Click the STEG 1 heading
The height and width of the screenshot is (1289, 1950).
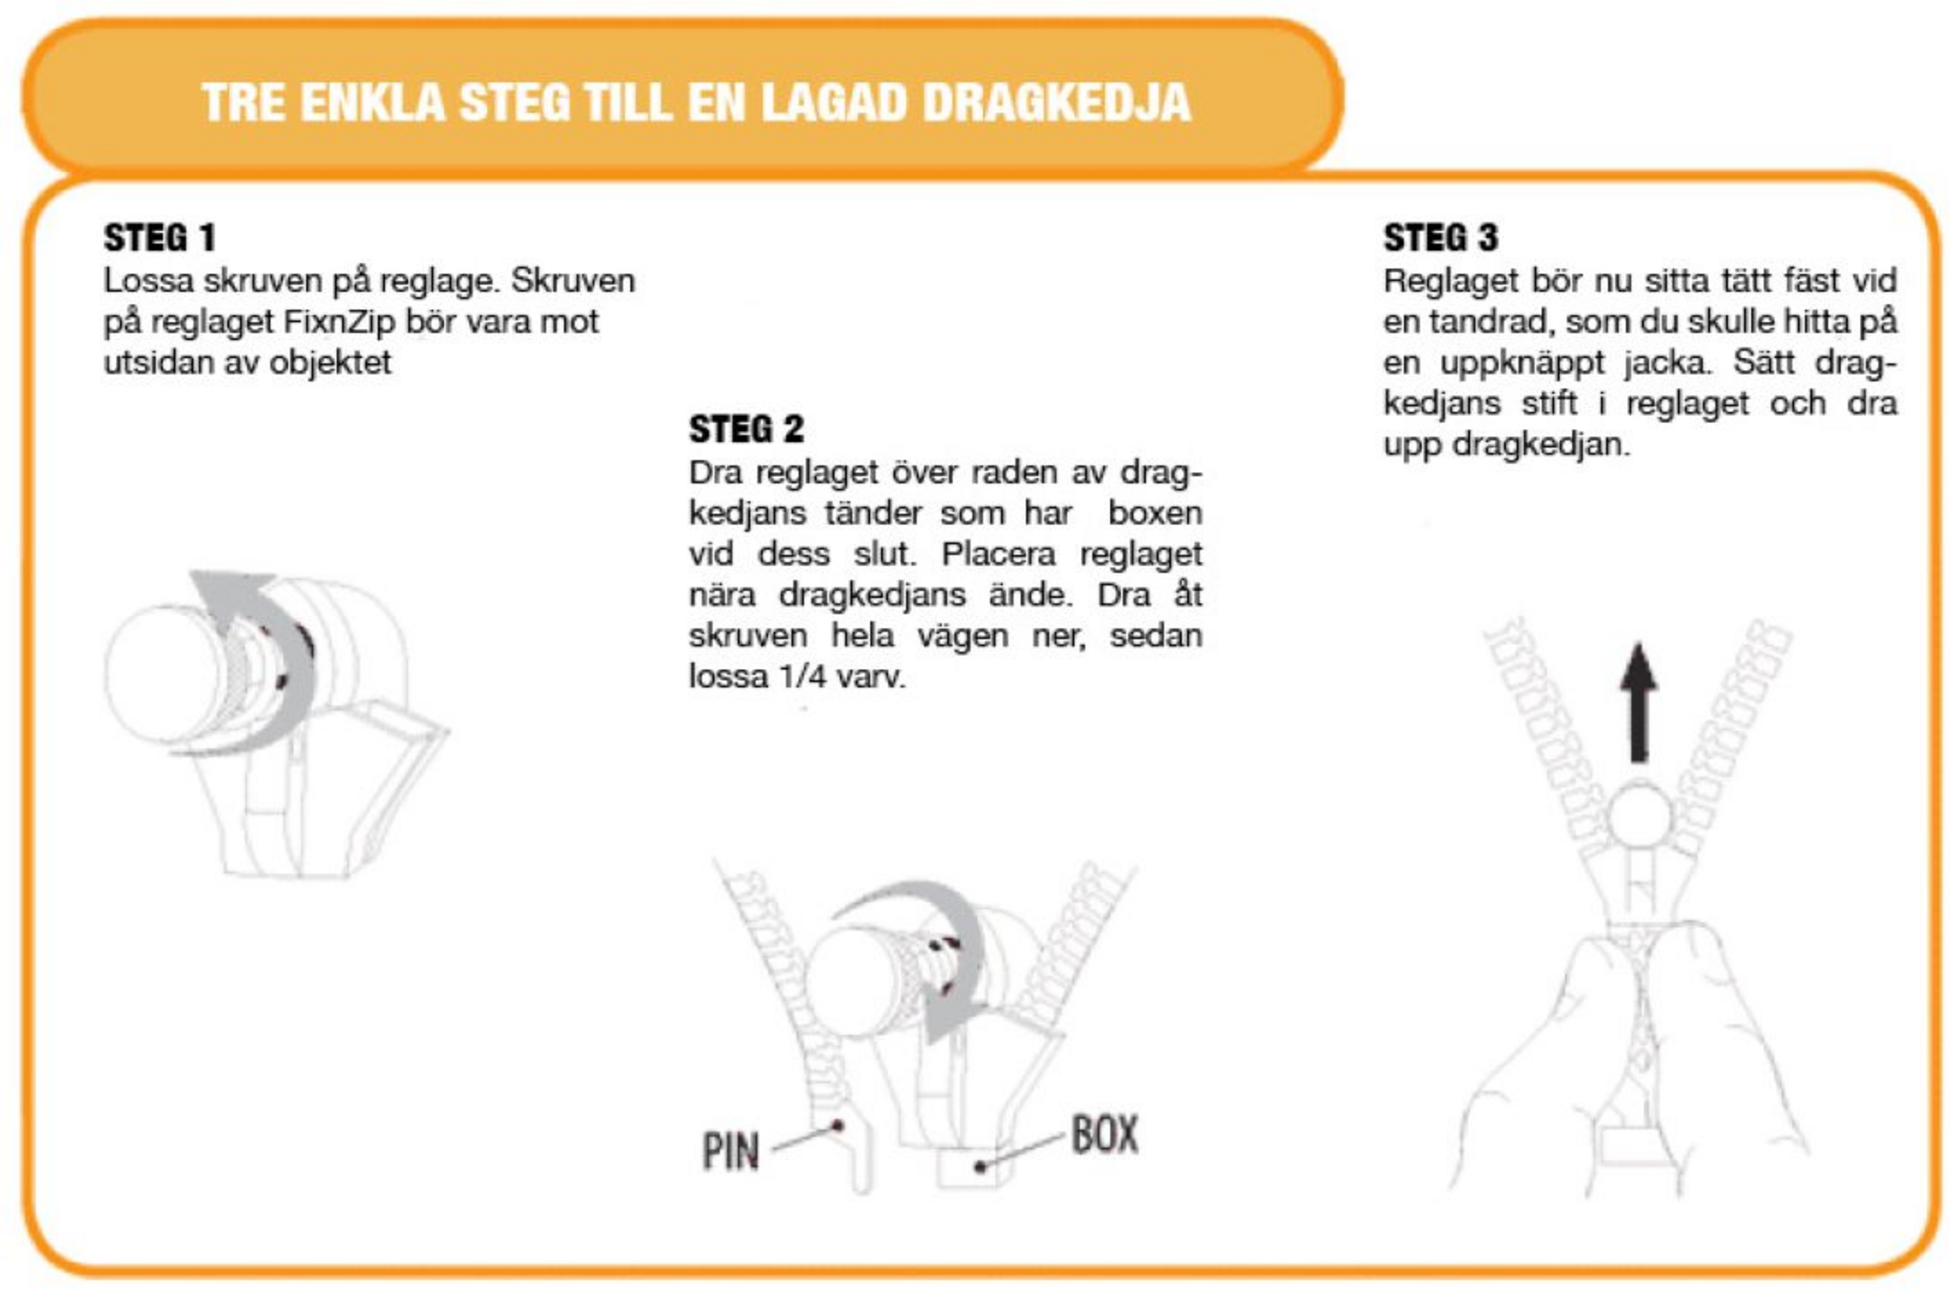(x=160, y=237)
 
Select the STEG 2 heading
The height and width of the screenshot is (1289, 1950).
(x=746, y=428)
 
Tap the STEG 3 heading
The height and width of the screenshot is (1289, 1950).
(x=1440, y=237)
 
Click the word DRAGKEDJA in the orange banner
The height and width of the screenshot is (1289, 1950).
(x=1056, y=102)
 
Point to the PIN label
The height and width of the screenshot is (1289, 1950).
(x=730, y=1151)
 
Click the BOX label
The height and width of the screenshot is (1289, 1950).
(x=1104, y=1134)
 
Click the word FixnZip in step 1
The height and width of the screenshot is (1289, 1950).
(x=339, y=321)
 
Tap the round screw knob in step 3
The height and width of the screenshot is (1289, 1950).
(x=1640, y=816)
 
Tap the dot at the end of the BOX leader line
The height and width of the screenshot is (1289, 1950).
(x=980, y=1167)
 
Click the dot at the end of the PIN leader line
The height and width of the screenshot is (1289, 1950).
(x=838, y=1126)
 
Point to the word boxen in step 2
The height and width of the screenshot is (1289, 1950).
(x=1154, y=512)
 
